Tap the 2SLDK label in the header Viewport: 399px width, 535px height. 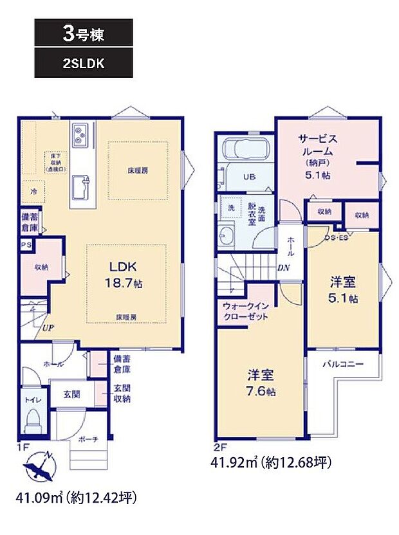[x=84, y=65]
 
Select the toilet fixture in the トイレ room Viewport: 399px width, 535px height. [x=32, y=421]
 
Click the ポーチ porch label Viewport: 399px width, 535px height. [x=88, y=439]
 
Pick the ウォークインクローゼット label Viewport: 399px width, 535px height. [x=247, y=312]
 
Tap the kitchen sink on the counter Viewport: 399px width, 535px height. [x=81, y=187]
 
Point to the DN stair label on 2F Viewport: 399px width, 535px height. [x=283, y=269]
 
